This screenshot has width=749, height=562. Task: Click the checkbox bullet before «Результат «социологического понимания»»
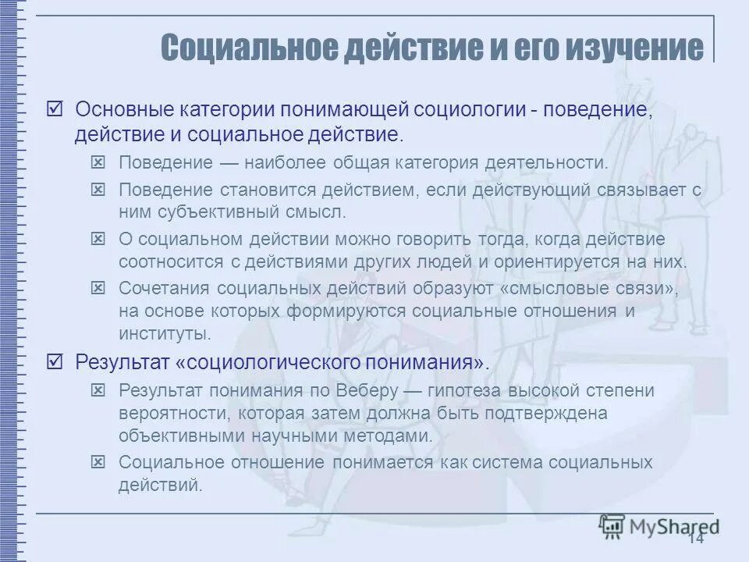point(55,361)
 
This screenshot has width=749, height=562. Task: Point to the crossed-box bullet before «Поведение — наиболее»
point(98,162)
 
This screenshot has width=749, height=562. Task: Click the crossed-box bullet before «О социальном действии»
point(98,238)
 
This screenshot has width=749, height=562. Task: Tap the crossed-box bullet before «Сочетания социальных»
point(98,288)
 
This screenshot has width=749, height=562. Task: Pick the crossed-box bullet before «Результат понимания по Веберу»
point(98,389)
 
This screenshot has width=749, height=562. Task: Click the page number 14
point(696,539)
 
